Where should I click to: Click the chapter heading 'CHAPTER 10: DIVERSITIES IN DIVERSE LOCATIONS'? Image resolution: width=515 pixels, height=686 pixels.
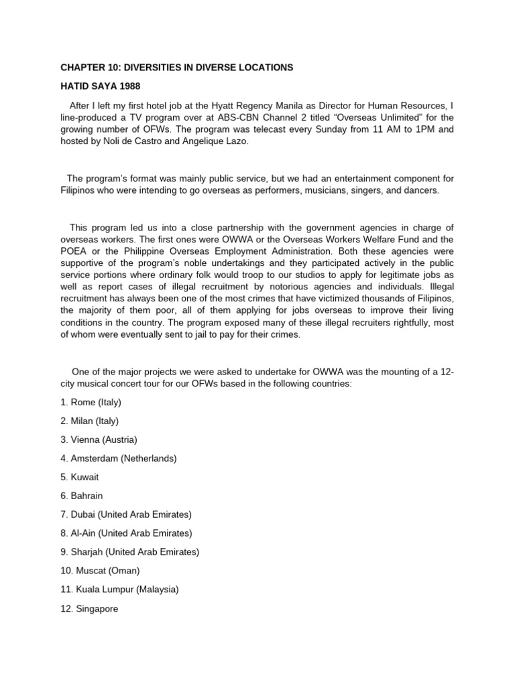(x=176, y=68)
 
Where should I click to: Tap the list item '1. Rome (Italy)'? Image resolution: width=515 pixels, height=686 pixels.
(x=91, y=403)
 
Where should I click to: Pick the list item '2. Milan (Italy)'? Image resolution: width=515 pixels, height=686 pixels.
(x=91, y=421)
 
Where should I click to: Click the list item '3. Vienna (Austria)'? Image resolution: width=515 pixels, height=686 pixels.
(x=99, y=440)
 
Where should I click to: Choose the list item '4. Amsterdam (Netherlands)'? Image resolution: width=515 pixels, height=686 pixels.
(x=118, y=459)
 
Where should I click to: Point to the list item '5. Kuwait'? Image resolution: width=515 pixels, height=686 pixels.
(x=80, y=478)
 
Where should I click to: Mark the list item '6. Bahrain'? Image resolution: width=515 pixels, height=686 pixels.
(x=82, y=496)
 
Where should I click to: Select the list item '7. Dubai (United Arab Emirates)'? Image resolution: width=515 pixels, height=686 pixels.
(x=126, y=515)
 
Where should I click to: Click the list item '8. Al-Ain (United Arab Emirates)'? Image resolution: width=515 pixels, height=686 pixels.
(x=126, y=534)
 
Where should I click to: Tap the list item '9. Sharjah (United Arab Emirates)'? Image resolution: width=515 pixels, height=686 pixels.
(x=130, y=553)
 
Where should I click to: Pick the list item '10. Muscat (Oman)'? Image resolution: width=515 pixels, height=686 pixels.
(x=100, y=571)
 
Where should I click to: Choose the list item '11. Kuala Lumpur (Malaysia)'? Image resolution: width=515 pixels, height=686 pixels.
(x=119, y=590)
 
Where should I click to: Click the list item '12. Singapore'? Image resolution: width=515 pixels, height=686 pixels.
(x=89, y=609)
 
